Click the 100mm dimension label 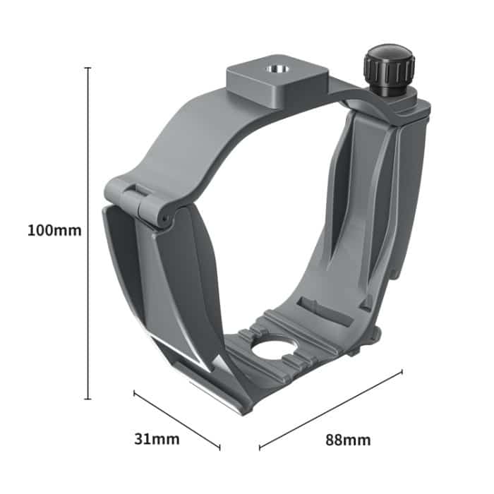tap(54, 230)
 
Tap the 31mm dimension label tap(157, 440)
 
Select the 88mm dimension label tap(348, 440)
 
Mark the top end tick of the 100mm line tap(88, 68)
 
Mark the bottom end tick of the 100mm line tap(88, 399)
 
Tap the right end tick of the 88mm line tap(402, 371)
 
